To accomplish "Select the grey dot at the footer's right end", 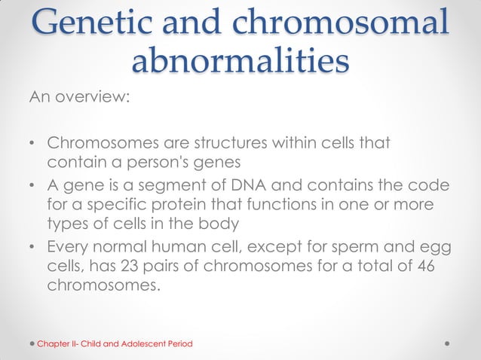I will tap(449, 343).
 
